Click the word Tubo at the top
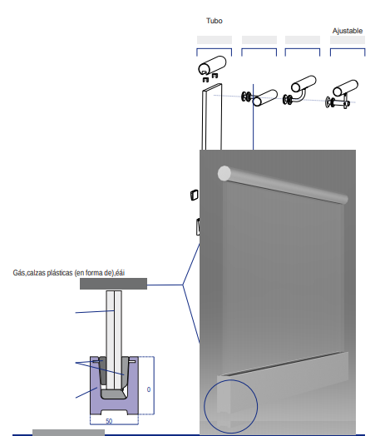[215, 21]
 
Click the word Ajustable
[348, 31]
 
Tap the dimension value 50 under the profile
[109, 421]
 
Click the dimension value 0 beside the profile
[149, 389]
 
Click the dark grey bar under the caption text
[113, 284]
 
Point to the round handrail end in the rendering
[224, 173]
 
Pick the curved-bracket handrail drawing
[299, 91]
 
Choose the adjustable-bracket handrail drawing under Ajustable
[343, 95]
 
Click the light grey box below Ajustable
[348, 40]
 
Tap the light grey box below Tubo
[215, 40]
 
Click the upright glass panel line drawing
[212, 116]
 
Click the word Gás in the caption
[19, 273]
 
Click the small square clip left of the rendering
[195, 195]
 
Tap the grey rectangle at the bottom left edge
[69, 433]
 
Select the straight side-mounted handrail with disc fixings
[259, 97]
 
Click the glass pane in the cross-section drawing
[114, 339]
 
